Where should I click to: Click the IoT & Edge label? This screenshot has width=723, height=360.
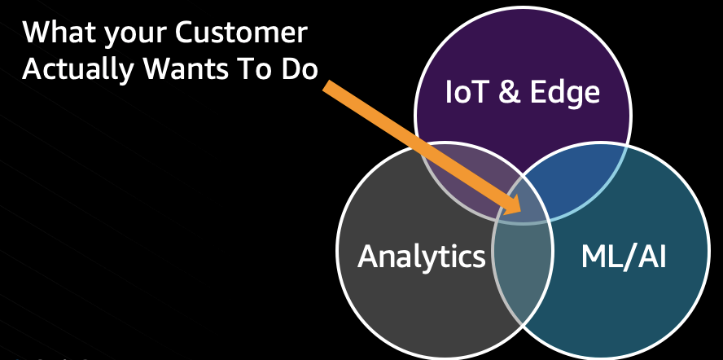(523, 92)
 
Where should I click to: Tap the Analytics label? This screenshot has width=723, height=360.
(421, 256)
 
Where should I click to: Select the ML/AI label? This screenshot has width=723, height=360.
(624, 256)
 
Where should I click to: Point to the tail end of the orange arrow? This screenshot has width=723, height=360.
(328, 85)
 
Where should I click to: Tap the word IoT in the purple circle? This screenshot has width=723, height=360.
(468, 92)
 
